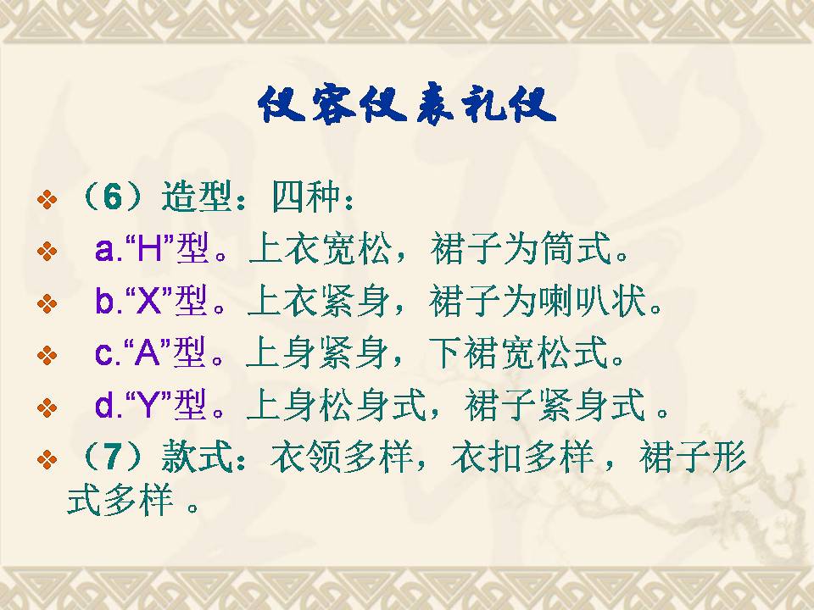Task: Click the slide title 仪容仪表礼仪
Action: click(x=407, y=105)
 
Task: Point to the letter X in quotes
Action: click(x=148, y=301)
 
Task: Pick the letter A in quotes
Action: click(x=148, y=353)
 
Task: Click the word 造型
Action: click(x=196, y=197)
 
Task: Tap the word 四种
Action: click(x=306, y=197)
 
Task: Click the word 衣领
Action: click(x=306, y=457)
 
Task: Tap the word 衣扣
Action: click(x=486, y=457)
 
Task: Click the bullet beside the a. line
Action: click(x=47, y=251)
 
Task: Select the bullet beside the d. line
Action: click(x=47, y=408)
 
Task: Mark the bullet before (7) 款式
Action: click(x=47, y=459)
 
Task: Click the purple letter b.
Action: click(x=105, y=300)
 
